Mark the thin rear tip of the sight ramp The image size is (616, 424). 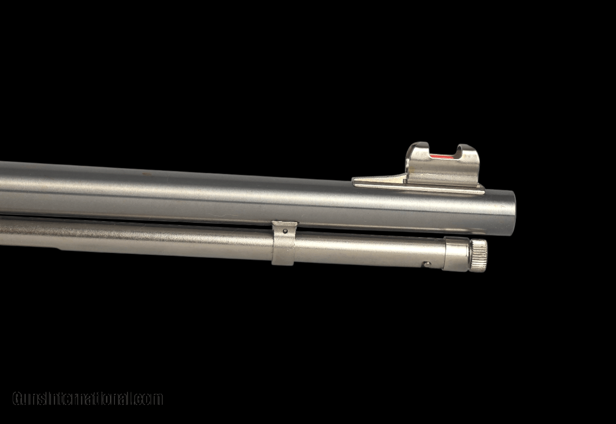[x=353, y=180]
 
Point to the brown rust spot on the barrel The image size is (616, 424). [x=146, y=174]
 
